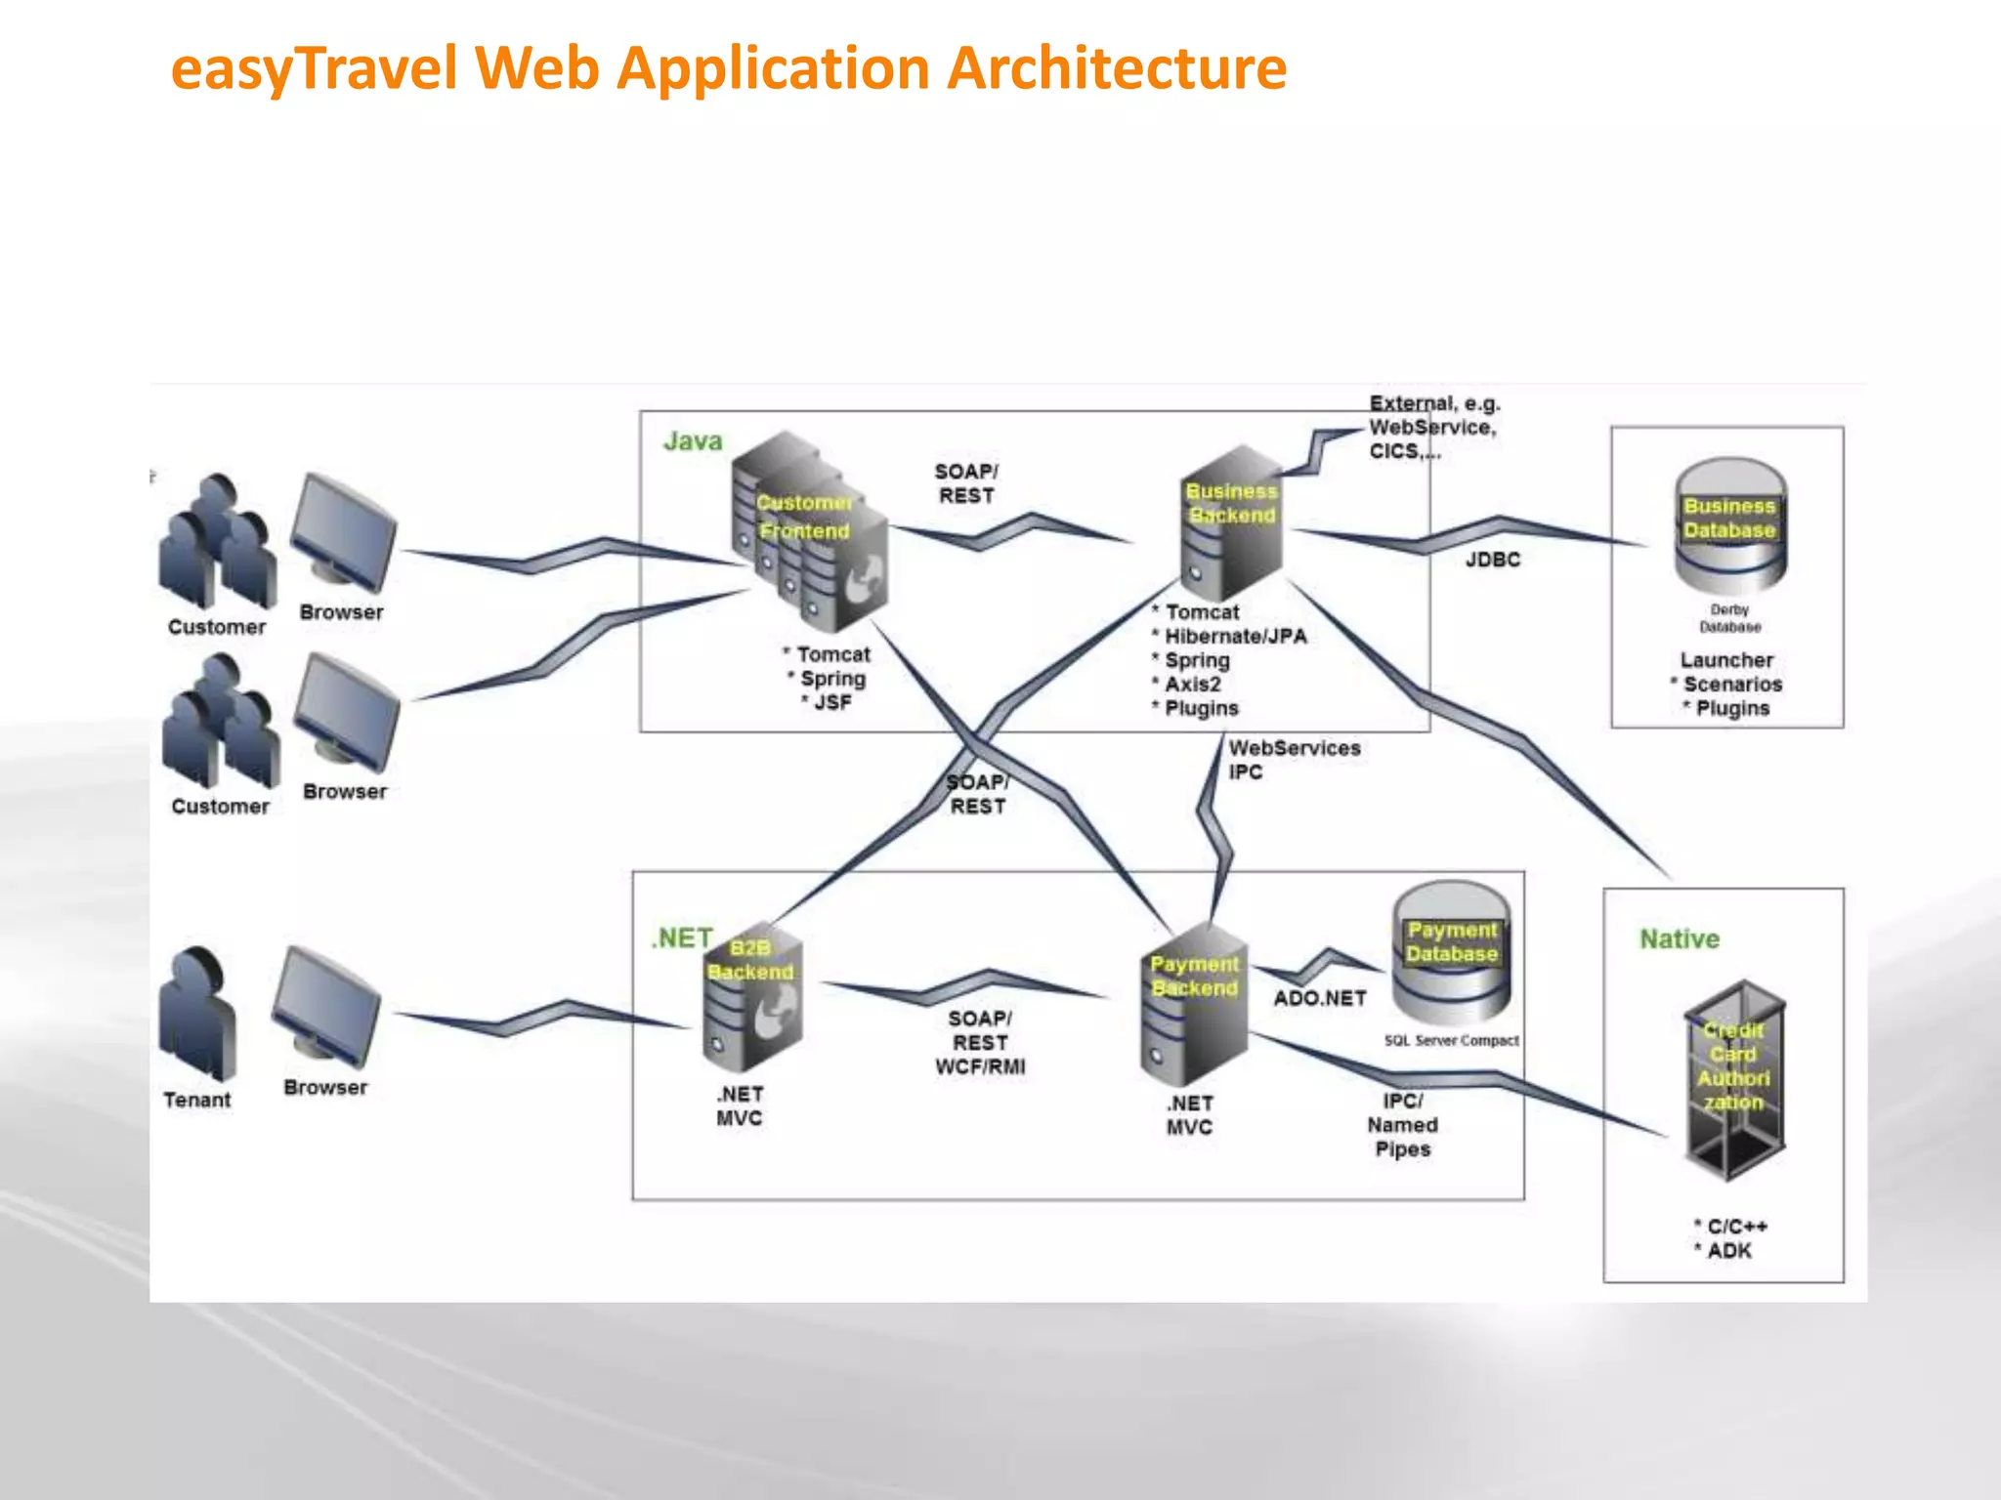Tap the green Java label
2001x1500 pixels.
693,441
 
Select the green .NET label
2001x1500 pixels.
682,938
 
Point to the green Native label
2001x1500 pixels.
1679,939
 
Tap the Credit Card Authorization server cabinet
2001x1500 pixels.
1734,1079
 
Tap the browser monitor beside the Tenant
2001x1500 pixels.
325,1006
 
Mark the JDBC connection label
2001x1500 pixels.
1493,560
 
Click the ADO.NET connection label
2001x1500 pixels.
1319,998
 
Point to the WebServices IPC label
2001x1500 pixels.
1293,760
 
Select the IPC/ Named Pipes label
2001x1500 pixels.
1402,1125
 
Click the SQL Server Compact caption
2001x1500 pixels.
1451,1041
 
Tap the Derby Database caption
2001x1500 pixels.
1729,618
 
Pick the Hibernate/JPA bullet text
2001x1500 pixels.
1235,637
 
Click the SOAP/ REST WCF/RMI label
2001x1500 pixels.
980,1043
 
